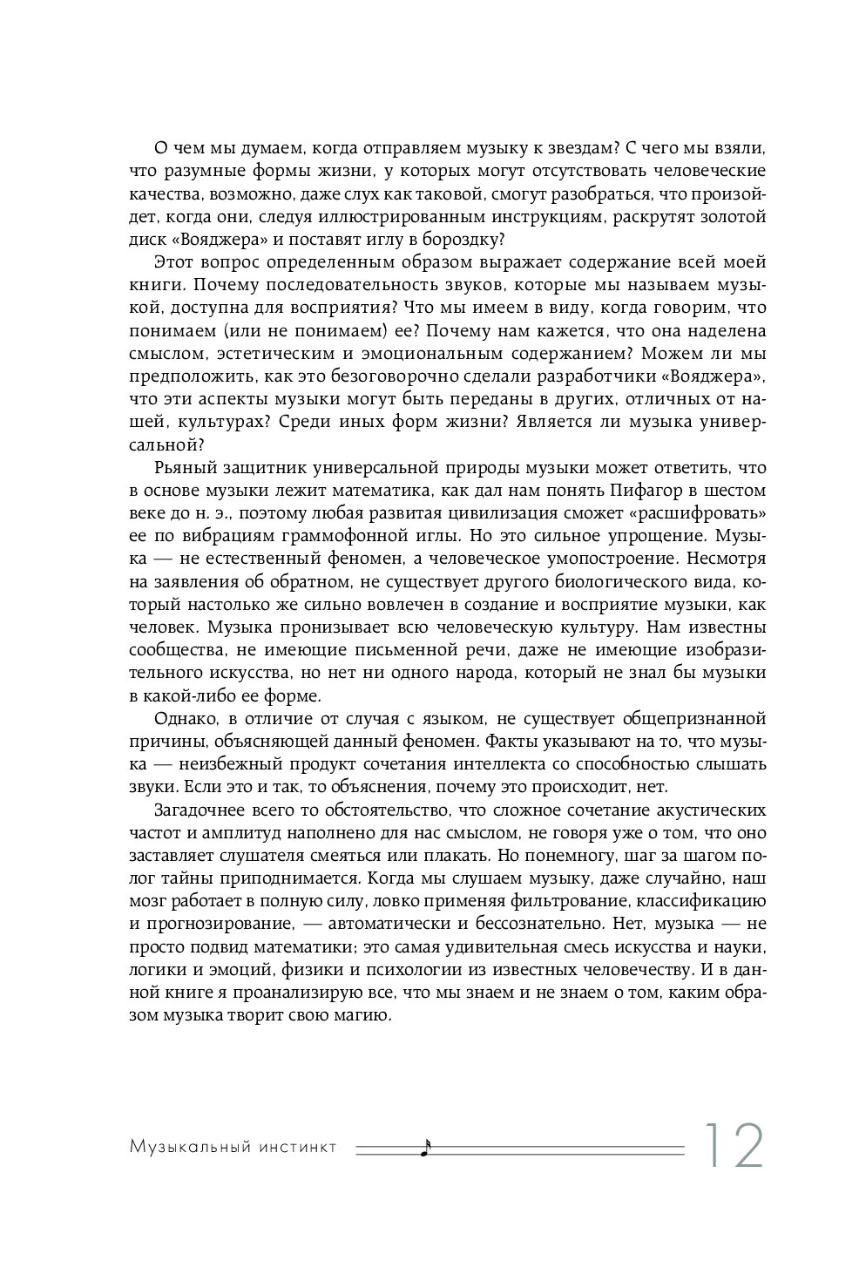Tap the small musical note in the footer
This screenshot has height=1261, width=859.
[425, 1148]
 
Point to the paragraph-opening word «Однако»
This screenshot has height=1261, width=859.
[186, 719]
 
